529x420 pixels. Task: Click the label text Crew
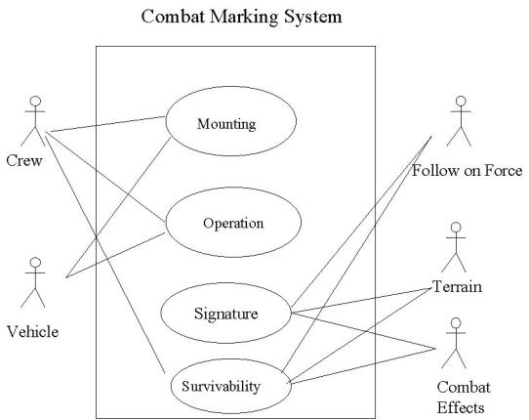(x=24, y=160)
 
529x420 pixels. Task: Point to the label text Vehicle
(x=33, y=331)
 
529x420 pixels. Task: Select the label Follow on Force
(x=468, y=171)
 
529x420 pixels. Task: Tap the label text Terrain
(x=457, y=286)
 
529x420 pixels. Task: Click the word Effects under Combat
(x=461, y=407)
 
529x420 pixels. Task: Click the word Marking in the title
(x=244, y=18)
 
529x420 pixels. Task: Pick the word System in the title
(x=312, y=18)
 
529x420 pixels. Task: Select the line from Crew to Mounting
(x=107, y=124)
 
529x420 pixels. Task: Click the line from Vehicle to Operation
(x=116, y=255)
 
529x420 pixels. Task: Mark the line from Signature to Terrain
(x=361, y=300)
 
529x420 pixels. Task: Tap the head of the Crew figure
(x=35, y=101)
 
